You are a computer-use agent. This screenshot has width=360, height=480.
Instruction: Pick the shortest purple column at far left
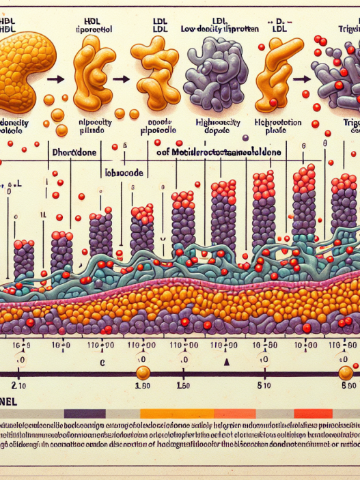click(24, 257)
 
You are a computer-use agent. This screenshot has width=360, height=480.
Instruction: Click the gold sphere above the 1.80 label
click(143, 373)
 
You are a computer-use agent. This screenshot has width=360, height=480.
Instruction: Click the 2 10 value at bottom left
click(20, 387)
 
